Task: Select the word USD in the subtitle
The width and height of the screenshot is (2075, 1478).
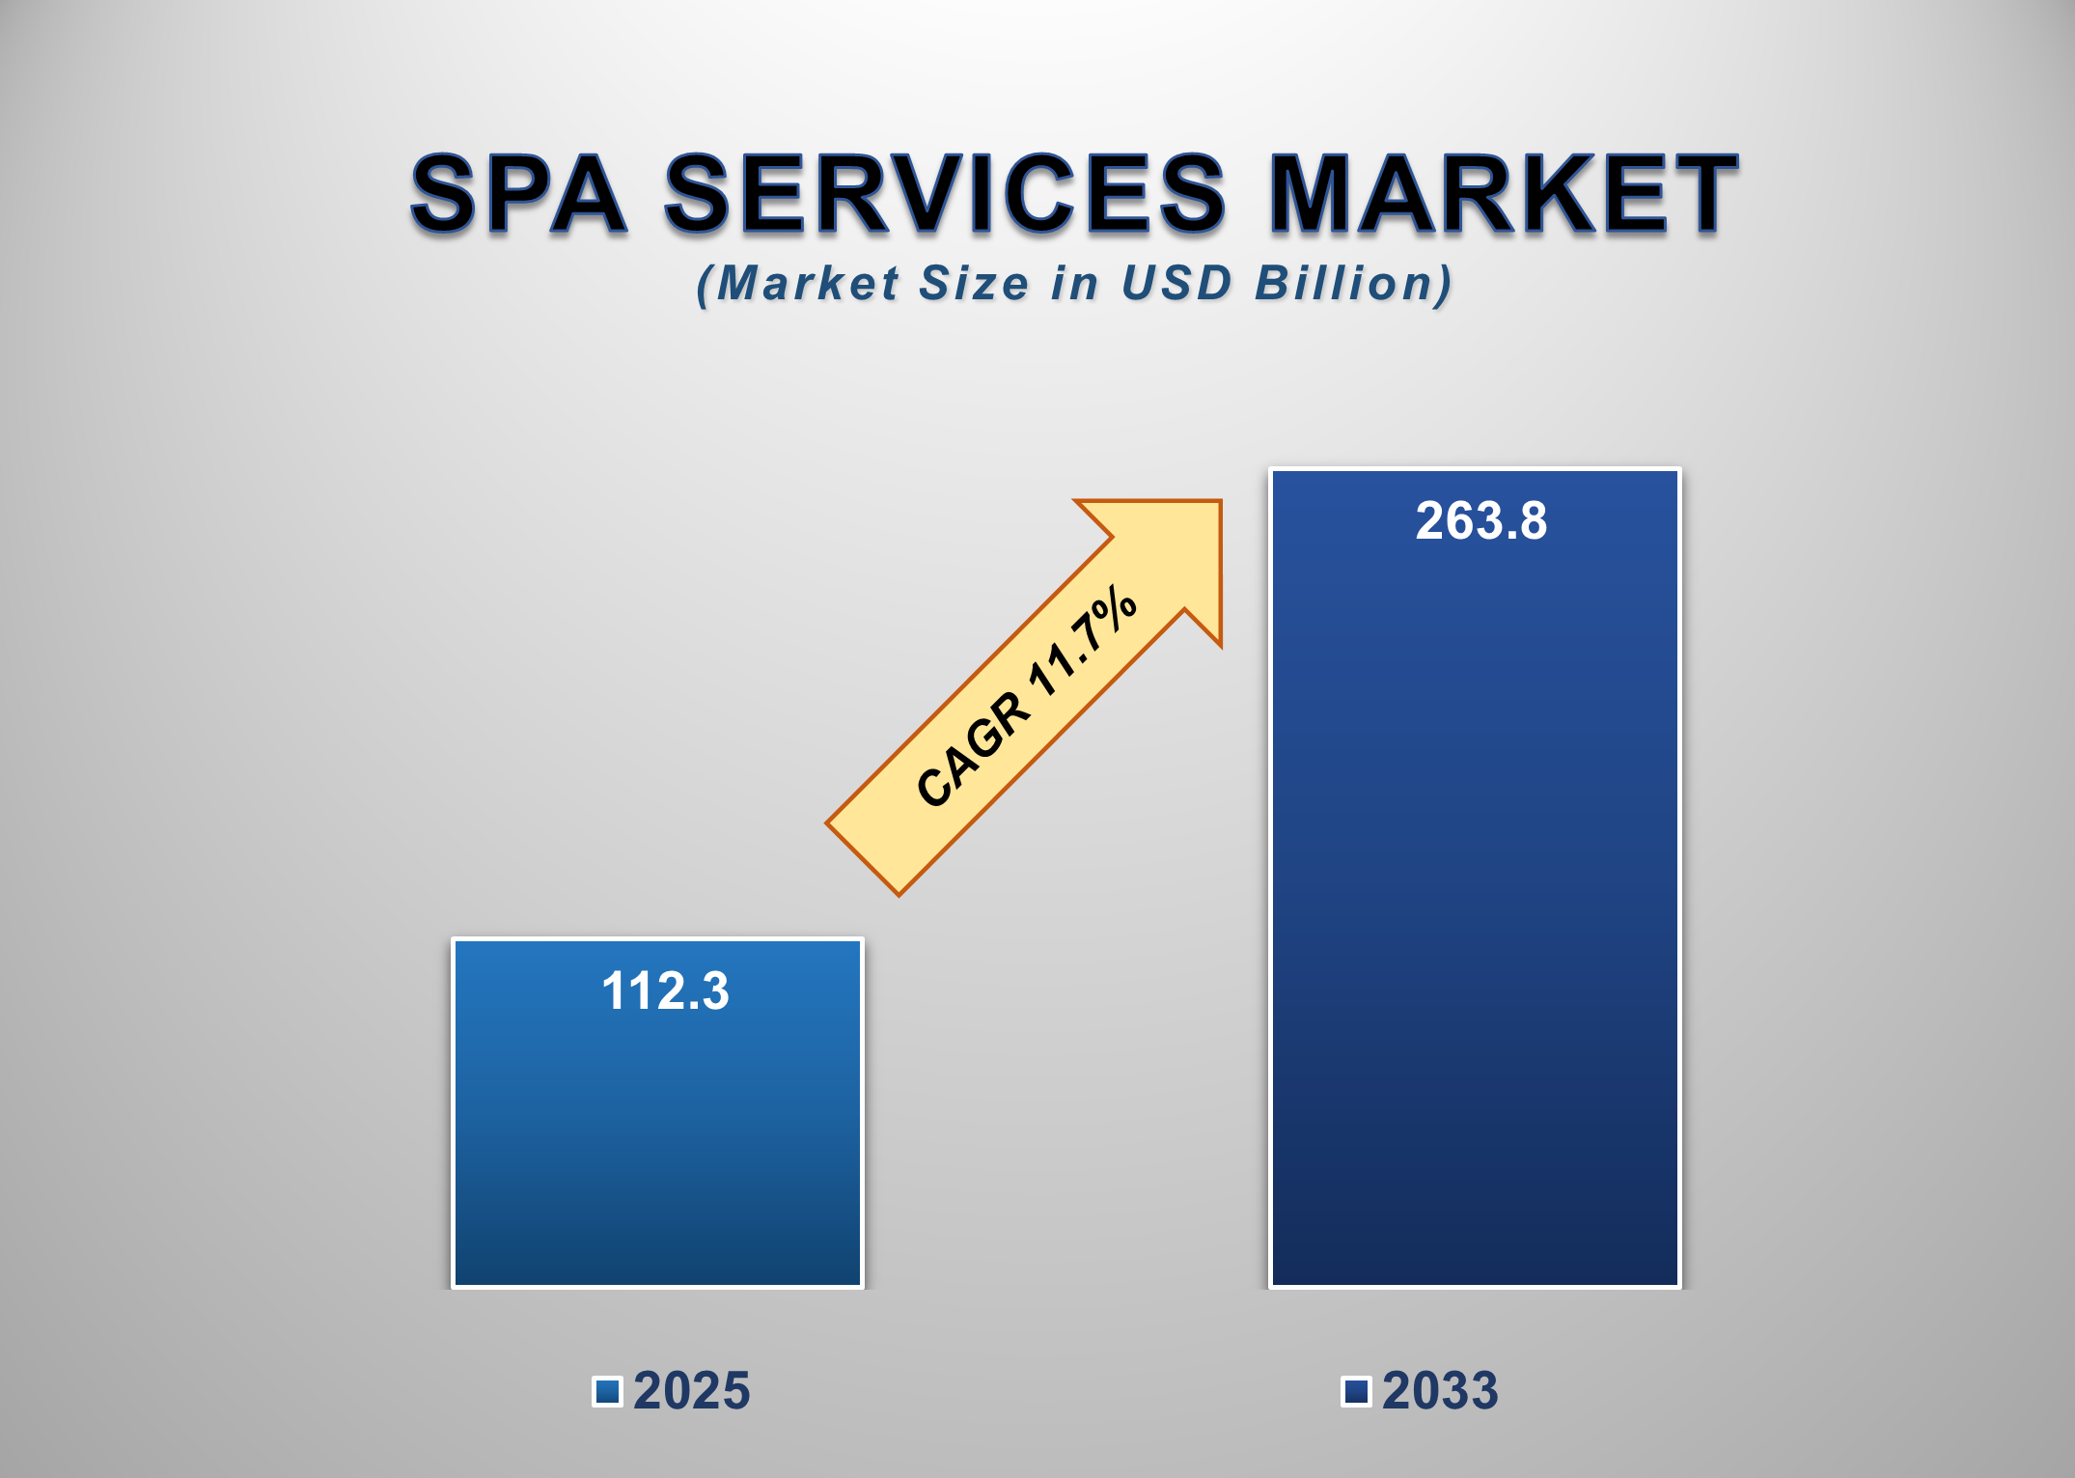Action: pos(1176,284)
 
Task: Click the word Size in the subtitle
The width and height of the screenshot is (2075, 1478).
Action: pos(974,284)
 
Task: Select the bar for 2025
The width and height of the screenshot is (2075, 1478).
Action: pos(657,1139)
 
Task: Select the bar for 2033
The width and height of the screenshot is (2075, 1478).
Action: pos(1475,917)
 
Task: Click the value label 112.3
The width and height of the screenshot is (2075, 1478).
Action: pos(665,991)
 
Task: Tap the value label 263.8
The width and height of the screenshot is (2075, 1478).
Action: pos(1480,521)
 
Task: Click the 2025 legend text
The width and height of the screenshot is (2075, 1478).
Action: pos(691,1391)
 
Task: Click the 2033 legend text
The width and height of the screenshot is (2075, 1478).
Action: pos(1440,1391)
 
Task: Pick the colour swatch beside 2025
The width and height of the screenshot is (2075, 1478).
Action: pos(607,1391)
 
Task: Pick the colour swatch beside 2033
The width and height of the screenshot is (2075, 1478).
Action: pos(1356,1391)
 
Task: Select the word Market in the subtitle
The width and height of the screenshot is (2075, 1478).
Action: pos(808,284)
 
